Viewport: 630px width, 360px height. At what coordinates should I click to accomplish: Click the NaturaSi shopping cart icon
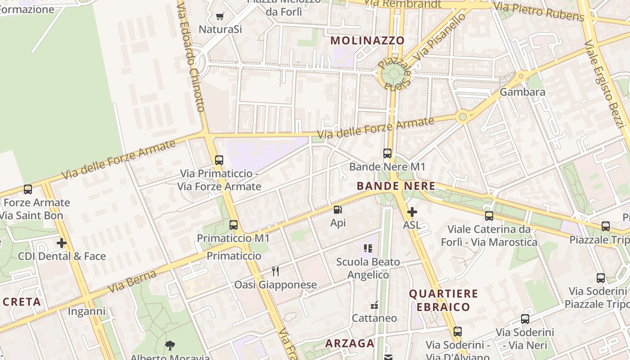[x=220, y=17]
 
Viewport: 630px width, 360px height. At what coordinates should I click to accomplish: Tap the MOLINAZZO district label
[x=368, y=40]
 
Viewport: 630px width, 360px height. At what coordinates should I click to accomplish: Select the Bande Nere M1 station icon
[x=387, y=153]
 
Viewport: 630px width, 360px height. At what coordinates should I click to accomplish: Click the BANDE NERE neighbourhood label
[x=396, y=186]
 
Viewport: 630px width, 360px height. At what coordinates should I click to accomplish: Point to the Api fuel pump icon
[x=337, y=210]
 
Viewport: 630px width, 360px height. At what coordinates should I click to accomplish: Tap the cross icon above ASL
[x=412, y=211]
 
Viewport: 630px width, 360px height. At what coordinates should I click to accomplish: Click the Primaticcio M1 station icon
[x=234, y=225]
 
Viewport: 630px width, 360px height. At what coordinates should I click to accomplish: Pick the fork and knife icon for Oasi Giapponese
[x=275, y=271]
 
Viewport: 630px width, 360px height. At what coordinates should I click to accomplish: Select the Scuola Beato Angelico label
[x=368, y=268]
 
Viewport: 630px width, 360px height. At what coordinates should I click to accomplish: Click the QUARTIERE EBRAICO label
[x=443, y=300]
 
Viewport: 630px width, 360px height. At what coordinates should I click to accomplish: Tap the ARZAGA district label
[x=350, y=343]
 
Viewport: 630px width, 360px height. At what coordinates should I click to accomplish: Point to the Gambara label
[x=522, y=92]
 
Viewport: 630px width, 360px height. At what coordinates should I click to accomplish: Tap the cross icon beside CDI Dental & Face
[x=62, y=243]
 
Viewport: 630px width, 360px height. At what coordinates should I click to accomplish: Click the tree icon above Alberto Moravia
[x=170, y=346]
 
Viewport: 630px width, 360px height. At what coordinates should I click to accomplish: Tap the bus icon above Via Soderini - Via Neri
[x=525, y=319]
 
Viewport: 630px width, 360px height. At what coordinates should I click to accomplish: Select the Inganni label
[x=86, y=311]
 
